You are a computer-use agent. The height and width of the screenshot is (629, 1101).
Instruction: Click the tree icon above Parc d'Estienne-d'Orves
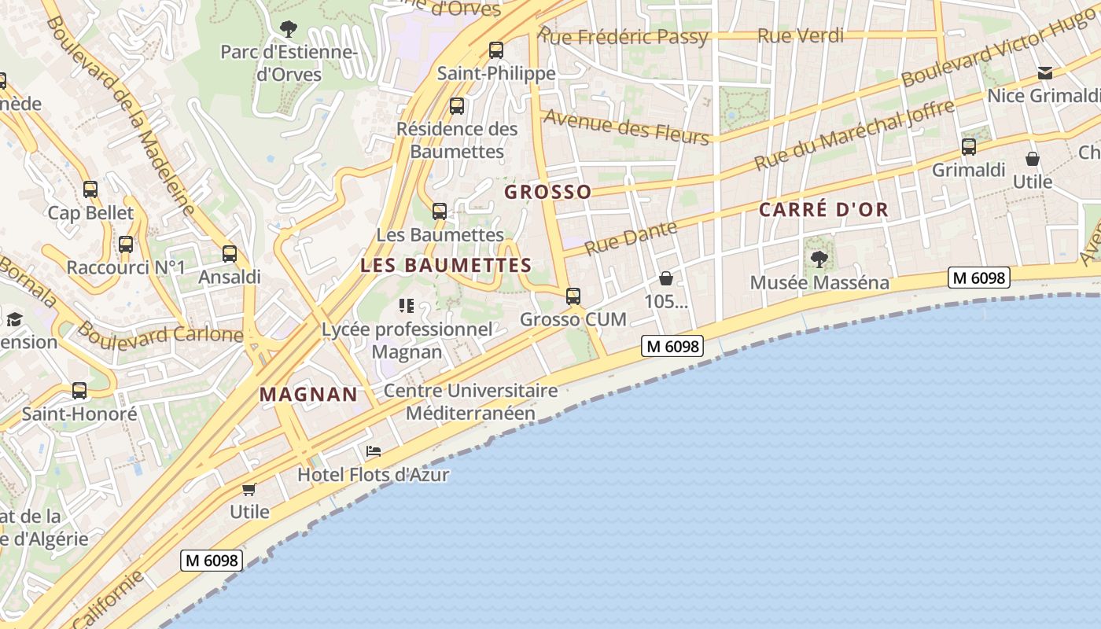[289, 29]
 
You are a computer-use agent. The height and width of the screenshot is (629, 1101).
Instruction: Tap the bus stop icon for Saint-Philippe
[496, 50]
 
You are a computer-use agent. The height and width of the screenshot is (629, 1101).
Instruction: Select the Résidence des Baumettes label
[457, 139]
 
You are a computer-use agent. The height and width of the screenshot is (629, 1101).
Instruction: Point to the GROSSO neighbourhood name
[547, 192]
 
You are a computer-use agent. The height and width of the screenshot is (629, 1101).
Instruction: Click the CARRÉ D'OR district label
[823, 210]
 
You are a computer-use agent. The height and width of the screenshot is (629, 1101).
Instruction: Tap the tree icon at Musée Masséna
[819, 259]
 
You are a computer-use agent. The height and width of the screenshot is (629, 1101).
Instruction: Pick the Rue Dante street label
[632, 238]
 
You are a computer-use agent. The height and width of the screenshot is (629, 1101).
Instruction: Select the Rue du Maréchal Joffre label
[854, 135]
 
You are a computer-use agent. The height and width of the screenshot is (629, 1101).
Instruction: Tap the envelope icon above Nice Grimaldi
[1045, 73]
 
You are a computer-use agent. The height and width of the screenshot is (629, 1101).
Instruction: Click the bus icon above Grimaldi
[969, 147]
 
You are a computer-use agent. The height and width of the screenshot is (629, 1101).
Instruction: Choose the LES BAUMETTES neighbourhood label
[446, 266]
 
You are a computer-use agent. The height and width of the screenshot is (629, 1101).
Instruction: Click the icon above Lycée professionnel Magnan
[407, 306]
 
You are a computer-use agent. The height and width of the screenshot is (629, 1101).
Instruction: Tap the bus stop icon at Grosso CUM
[573, 296]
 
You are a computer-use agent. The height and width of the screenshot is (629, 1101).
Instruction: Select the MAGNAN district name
[308, 395]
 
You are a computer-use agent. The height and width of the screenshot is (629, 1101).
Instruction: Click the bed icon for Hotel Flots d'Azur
[374, 451]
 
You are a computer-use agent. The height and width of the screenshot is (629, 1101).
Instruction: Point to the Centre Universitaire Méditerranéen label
[470, 402]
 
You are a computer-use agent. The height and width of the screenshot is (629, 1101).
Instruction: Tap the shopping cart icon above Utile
[249, 489]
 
